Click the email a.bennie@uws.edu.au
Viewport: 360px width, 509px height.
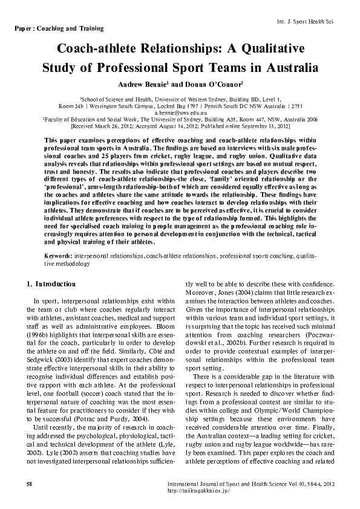pos(181,113)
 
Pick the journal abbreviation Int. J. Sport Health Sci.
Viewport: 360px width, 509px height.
pos(304,21)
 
